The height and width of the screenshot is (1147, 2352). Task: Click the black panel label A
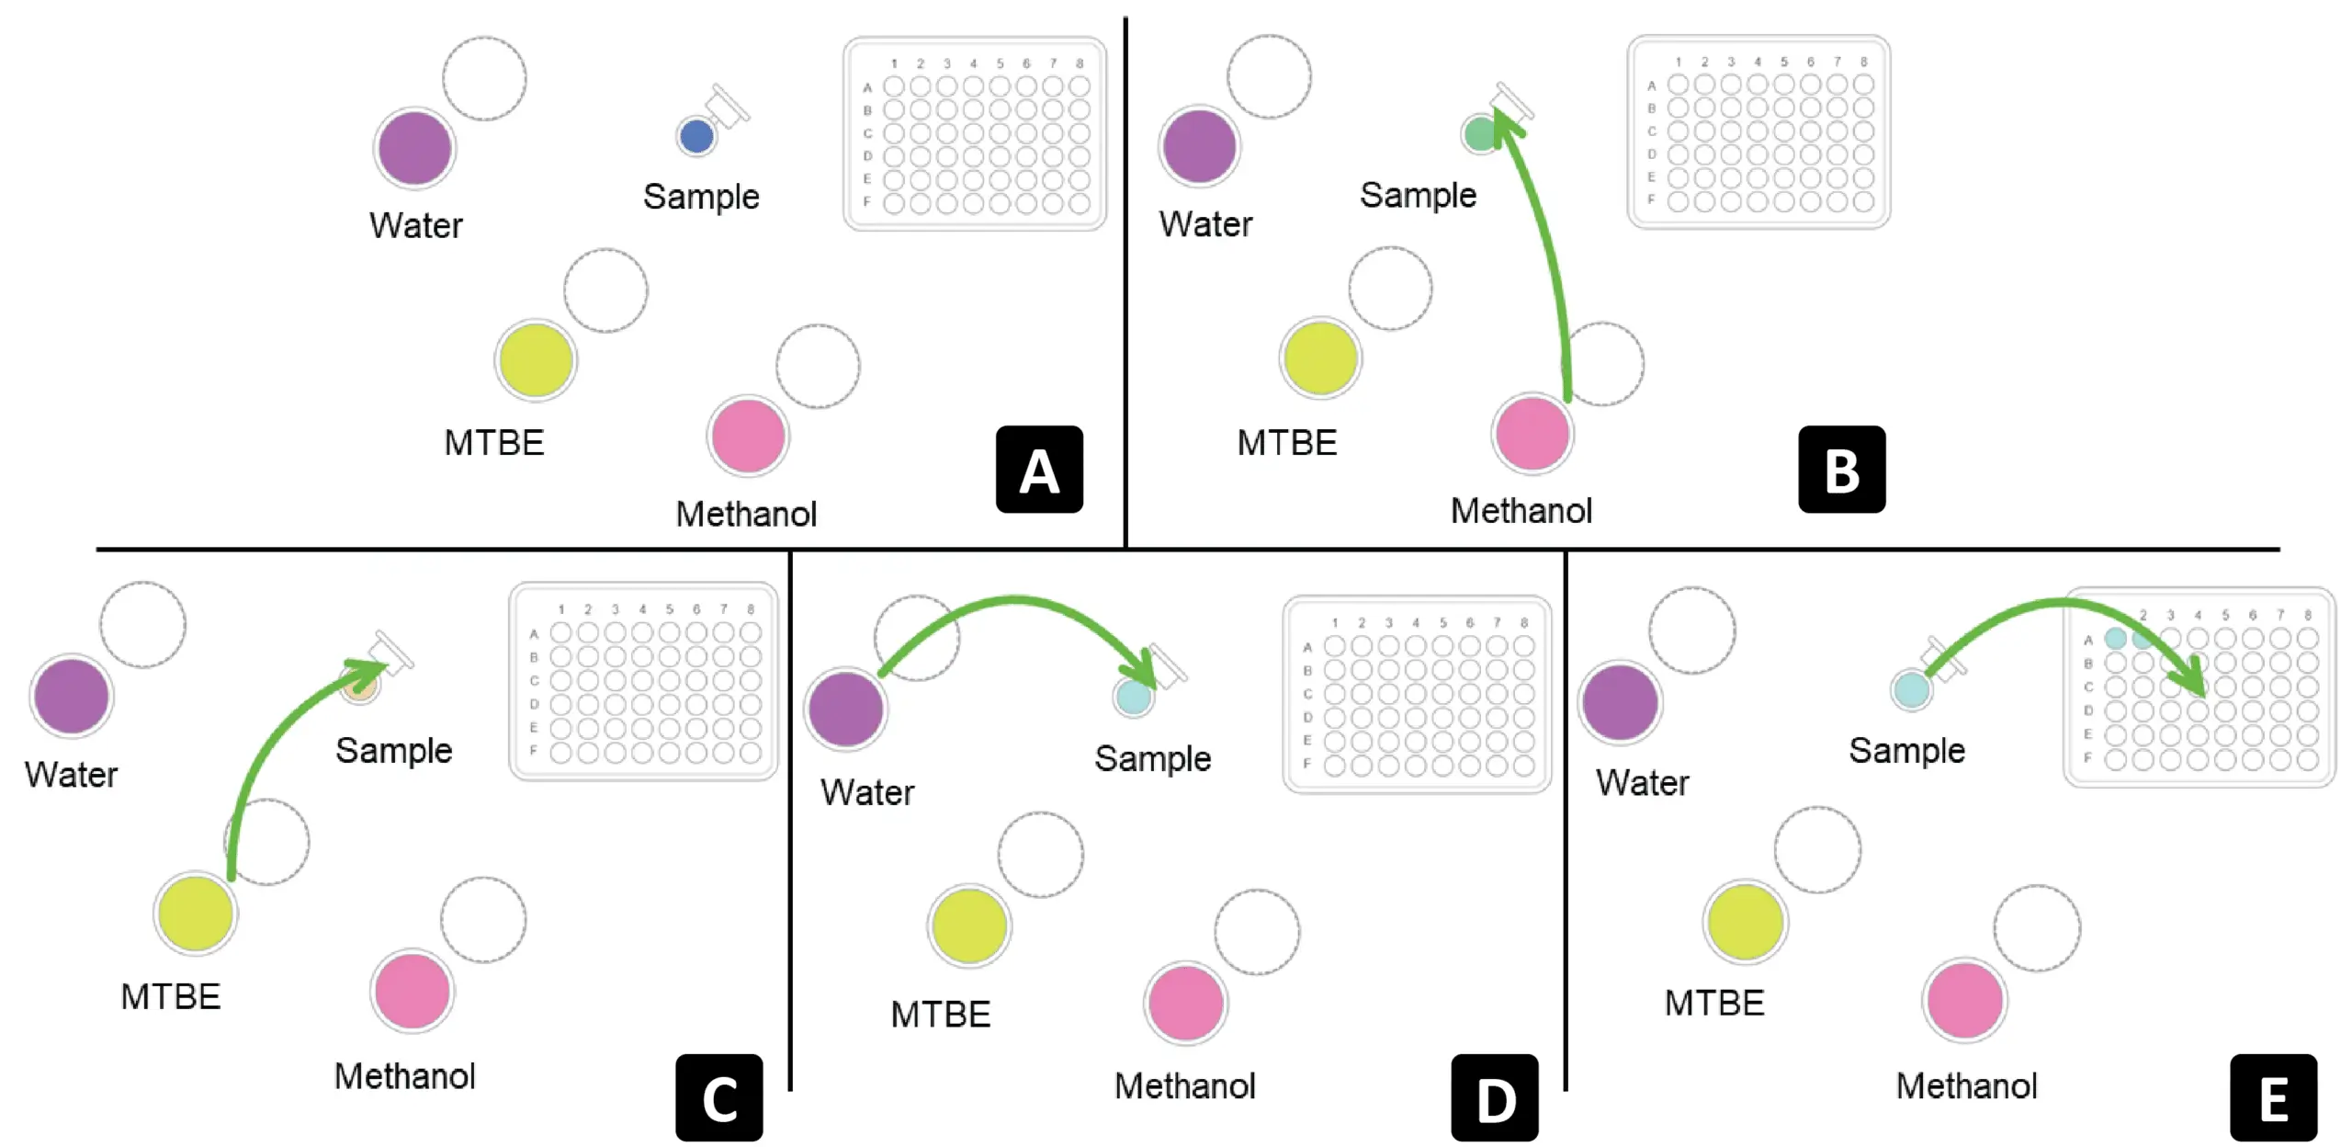click(x=1039, y=470)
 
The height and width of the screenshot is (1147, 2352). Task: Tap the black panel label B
click(x=1841, y=470)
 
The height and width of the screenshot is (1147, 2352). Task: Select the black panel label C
click(x=718, y=1097)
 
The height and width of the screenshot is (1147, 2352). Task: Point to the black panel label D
click(x=1494, y=1097)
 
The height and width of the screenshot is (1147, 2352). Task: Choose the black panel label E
click(x=2273, y=1097)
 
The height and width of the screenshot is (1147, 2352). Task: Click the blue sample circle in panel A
click(x=696, y=136)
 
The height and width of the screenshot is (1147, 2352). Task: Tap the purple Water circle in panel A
click(x=415, y=147)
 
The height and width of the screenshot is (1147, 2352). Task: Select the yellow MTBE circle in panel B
click(x=1320, y=358)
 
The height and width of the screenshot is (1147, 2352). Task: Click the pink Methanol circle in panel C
click(x=413, y=991)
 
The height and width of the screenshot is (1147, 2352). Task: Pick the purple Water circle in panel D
click(x=845, y=709)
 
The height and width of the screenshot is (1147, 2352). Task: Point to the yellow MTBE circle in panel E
click(x=1745, y=922)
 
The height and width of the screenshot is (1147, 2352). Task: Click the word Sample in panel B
click(x=1418, y=195)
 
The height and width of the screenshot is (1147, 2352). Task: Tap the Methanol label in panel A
click(x=746, y=514)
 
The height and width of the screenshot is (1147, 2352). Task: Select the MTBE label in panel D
click(x=941, y=1014)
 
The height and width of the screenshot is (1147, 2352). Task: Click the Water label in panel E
click(x=1643, y=782)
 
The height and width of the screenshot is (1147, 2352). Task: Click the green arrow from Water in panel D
click(x=1015, y=602)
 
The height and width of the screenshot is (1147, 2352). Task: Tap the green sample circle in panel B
click(x=1479, y=134)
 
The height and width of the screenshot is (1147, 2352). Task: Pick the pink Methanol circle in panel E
click(x=1964, y=1000)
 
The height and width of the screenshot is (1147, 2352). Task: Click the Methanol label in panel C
click(x=404, y=1075)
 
